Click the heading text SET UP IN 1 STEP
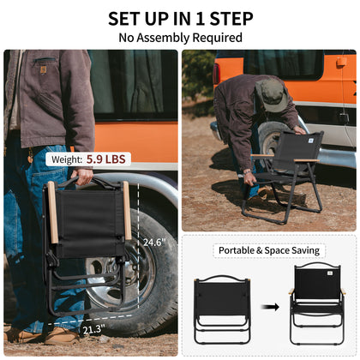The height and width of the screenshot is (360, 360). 181,19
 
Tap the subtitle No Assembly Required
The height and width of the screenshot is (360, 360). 181,38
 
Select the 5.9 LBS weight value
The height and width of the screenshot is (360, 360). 105,159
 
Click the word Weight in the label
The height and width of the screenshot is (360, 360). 67,159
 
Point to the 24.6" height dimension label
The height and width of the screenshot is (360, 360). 154,242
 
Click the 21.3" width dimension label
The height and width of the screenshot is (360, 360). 93,329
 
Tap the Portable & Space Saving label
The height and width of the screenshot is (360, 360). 269,250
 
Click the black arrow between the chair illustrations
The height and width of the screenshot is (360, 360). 270,307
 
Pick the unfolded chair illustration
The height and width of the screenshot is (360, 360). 317,303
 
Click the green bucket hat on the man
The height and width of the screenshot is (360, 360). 272,95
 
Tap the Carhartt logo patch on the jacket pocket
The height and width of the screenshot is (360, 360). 44,69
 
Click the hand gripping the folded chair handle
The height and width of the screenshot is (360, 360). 83,177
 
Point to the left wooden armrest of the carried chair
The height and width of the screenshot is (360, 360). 53,212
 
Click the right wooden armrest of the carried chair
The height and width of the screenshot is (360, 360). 127,210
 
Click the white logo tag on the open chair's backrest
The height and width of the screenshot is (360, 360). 311,141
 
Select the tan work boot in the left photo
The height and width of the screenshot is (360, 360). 62,336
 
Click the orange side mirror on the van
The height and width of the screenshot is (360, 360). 341,63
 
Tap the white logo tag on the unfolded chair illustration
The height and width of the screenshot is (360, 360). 330,273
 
